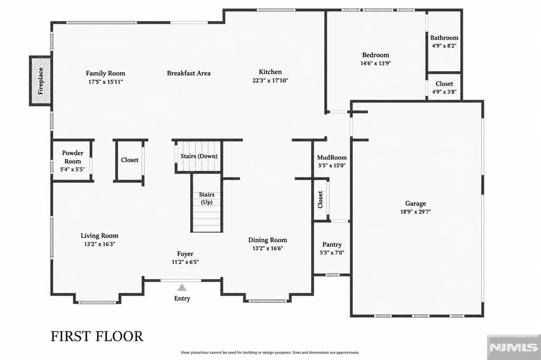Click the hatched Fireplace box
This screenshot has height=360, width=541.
click(40, 81)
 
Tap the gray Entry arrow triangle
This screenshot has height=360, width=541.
click(182, 288)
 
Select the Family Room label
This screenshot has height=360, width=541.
click(106, 73)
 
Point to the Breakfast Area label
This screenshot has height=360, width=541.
click(189, 73)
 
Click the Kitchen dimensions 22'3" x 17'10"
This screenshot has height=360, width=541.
click(270, 80)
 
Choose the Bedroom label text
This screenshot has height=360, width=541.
click(376, 55)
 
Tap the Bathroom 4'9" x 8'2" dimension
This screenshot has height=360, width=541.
click(444, 45)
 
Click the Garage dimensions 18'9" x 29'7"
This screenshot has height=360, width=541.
click(415, 212)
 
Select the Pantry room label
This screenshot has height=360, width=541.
click(332, 244)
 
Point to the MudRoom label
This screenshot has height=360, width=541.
click(332, 157)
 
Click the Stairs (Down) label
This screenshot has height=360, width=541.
click(199, 156)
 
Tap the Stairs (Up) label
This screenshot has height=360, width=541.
click(207, 198)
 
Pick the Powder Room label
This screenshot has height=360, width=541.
click(72, 157)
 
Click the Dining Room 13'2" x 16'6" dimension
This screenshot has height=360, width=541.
click(268, 248)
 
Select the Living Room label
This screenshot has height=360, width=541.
click(99, 236)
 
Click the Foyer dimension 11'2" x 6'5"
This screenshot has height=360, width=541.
click(185, 262)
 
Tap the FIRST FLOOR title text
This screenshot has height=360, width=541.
click(97, 337)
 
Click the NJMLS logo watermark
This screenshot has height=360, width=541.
click(514, 347)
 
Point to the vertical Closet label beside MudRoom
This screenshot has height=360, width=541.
click(320, 200)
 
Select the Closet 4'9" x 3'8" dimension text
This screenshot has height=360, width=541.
click(444, 92)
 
